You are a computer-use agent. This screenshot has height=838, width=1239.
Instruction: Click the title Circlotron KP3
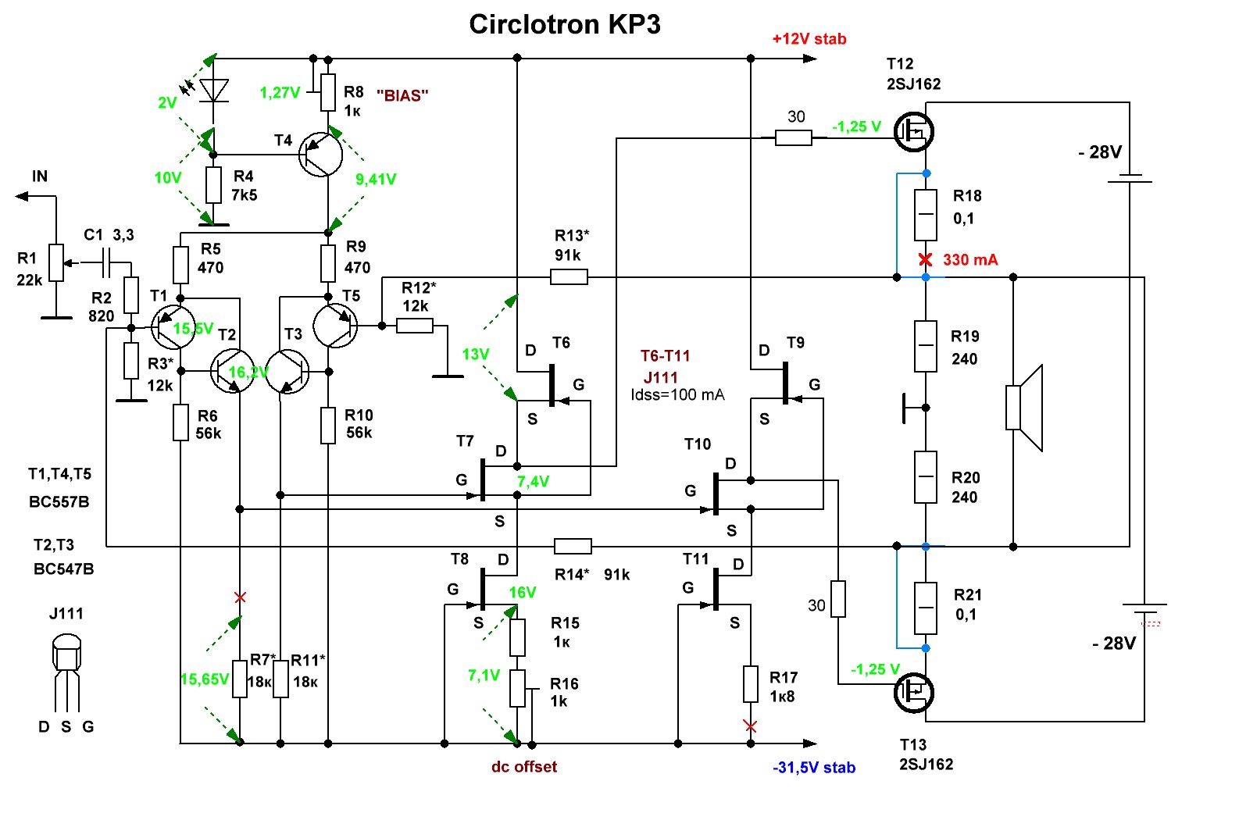click(x=564, y=25)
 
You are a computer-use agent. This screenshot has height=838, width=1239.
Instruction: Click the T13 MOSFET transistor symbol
click(x=914, y=693)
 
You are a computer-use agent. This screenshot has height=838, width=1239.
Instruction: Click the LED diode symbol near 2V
click(x=213, y=91)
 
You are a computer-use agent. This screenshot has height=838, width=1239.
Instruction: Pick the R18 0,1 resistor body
click(x=926, y=215)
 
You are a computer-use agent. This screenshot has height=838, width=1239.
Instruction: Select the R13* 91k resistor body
click(x=569, y=276)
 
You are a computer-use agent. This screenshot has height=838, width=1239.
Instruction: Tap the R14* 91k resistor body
click(x=573, y=546)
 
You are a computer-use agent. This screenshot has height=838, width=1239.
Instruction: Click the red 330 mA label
click(x=969, y=260)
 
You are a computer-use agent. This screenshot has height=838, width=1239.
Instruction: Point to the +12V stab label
click(x=809, y=39)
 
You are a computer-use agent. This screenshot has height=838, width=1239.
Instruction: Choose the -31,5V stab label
click(x=813, y=768)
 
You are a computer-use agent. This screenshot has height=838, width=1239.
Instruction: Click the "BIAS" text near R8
click(x=402, y=96)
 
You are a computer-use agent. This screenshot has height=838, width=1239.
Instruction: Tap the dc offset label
click(x=523, y=767)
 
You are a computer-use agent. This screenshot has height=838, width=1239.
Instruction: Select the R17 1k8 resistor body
click(x=750, y=684)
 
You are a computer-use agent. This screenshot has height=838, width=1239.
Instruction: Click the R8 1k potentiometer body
click(x=328, y=92)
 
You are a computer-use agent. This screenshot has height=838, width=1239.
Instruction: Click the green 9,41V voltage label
click(x=375, y=180)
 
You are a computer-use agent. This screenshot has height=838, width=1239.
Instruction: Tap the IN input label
click(x=40, y=177)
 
